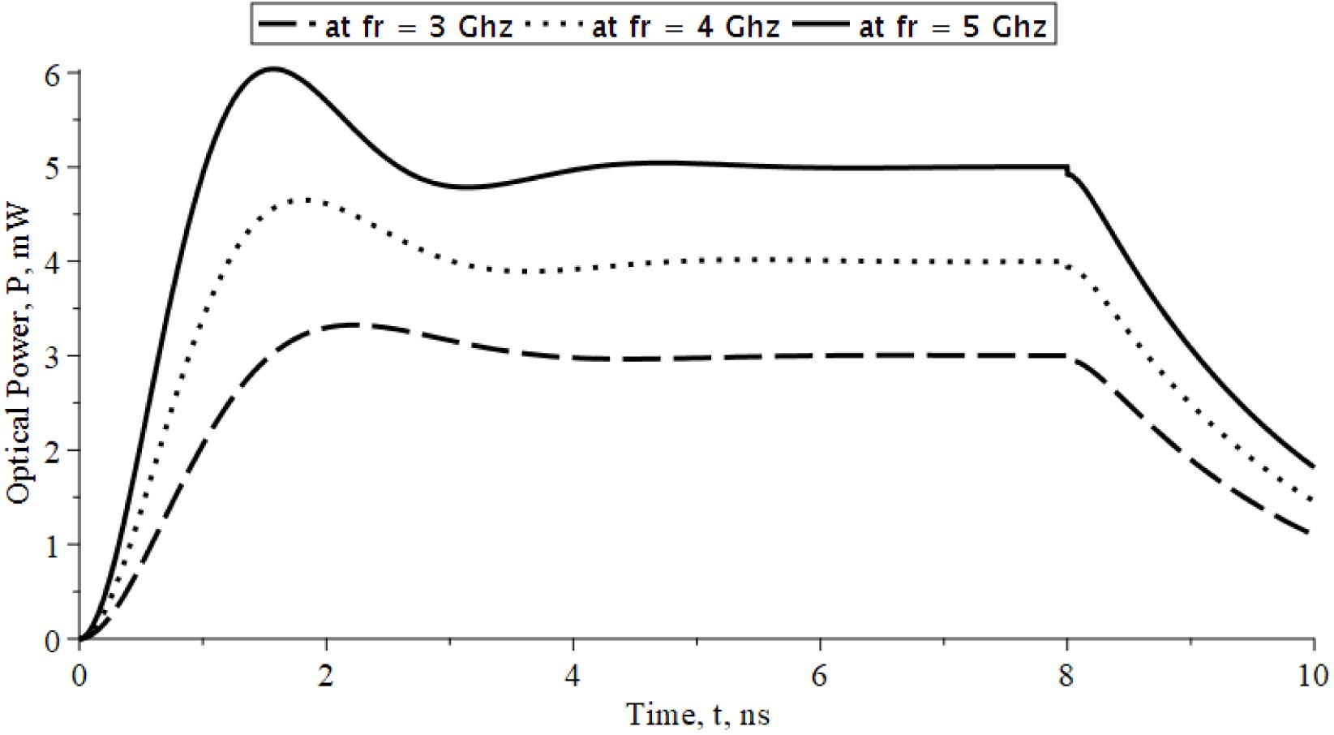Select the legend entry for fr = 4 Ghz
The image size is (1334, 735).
653,27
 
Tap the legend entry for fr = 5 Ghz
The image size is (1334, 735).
920,27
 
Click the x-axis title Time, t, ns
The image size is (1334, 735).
697,715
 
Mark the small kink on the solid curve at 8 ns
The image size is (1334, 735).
1067,170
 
